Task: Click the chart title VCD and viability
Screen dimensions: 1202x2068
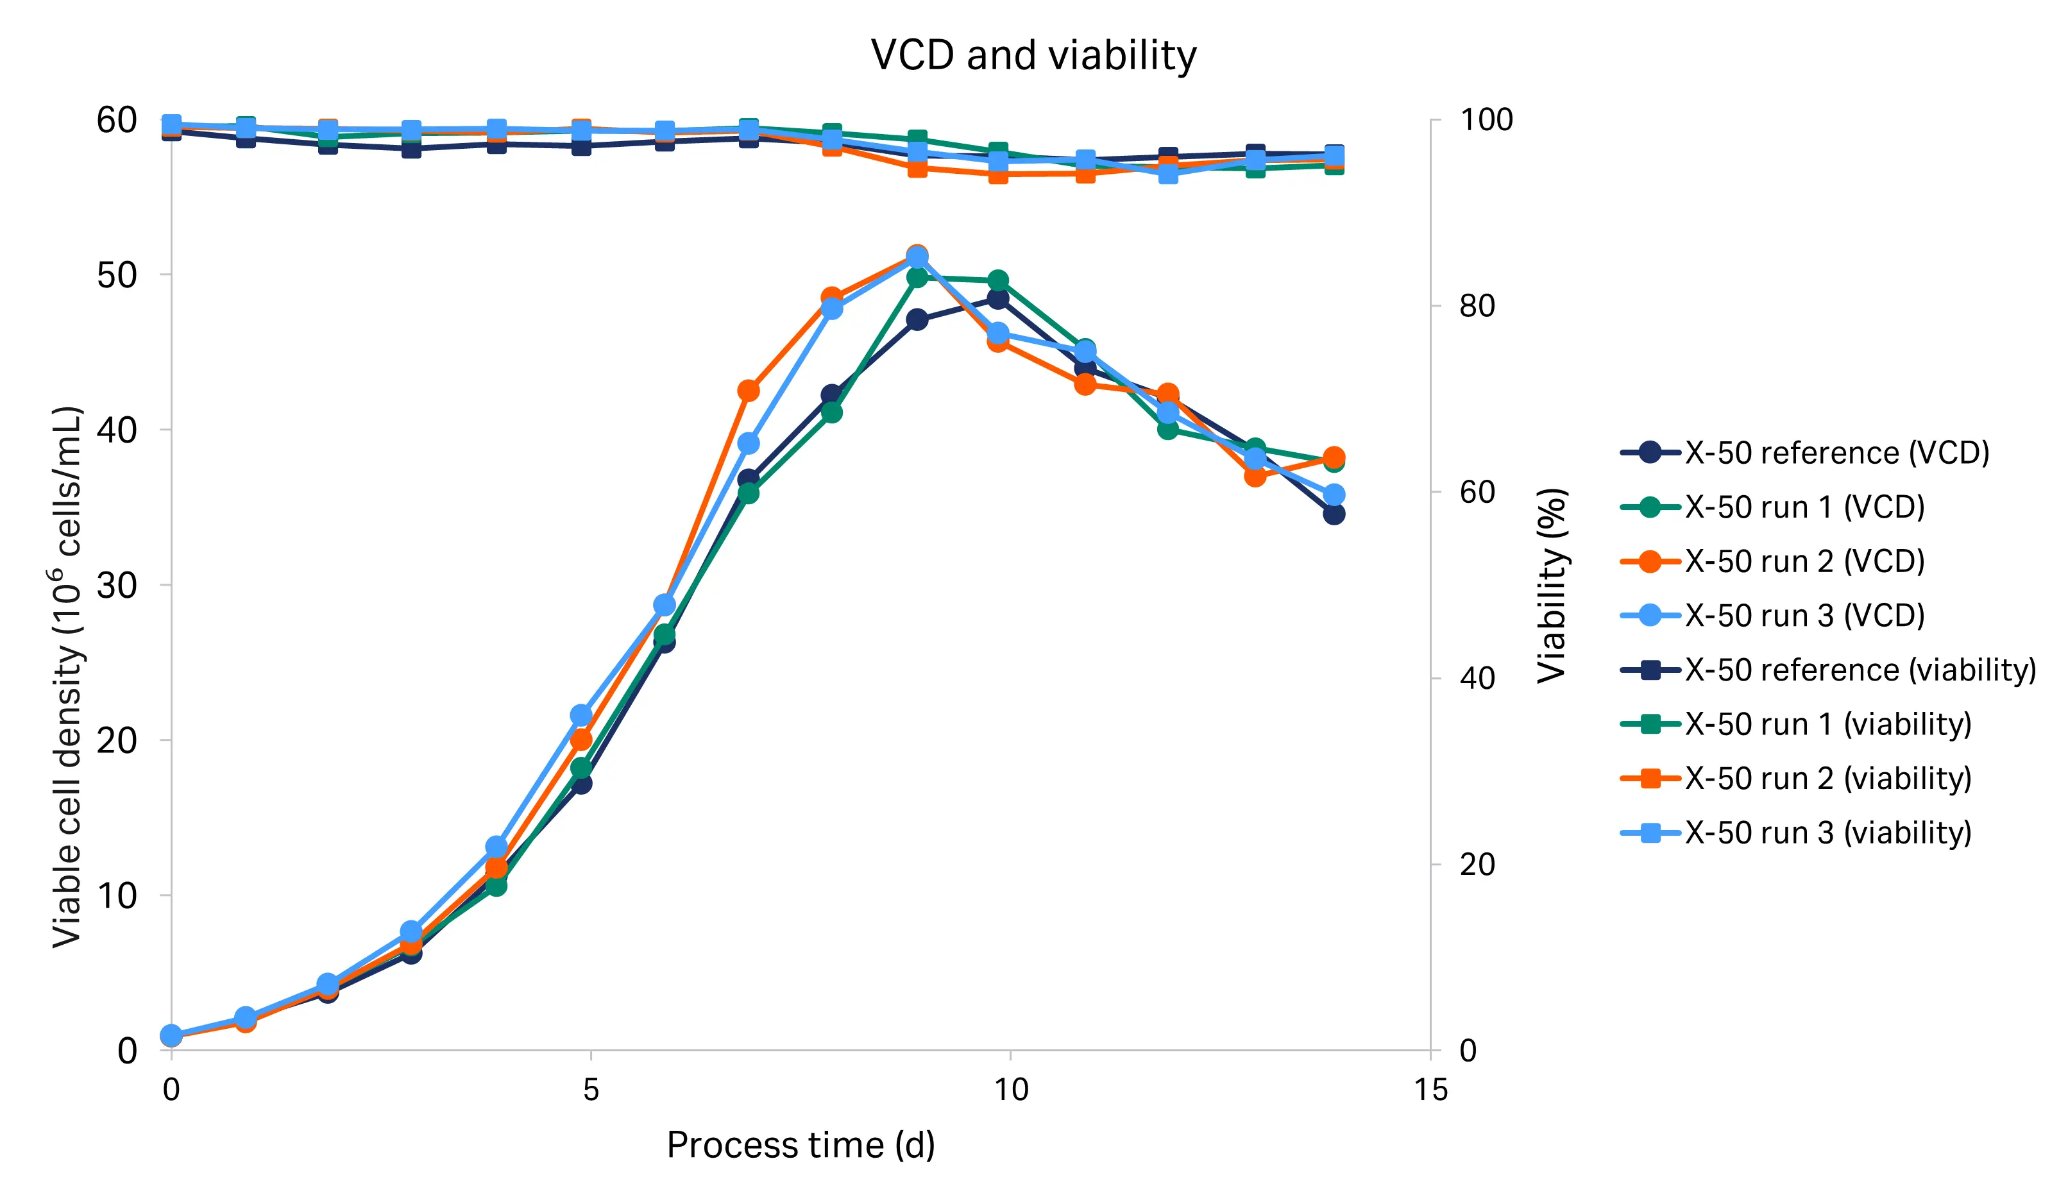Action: click(1033, 56)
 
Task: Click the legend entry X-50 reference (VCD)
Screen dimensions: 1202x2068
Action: click(1836, 453)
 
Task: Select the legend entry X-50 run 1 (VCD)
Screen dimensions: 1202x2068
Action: click(1804, 507)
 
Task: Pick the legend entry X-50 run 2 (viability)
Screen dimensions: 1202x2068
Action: click(1827, 778)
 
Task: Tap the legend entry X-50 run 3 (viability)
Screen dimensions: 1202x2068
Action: click(1827, 832)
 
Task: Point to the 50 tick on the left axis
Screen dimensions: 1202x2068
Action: click(117, 275)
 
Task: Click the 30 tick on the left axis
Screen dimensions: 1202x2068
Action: click(117, 585)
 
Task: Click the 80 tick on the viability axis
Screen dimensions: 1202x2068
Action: click(1477, 306)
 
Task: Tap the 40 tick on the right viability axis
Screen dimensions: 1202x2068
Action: click(1477, 679)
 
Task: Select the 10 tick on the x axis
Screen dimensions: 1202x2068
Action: click(1010, 1090)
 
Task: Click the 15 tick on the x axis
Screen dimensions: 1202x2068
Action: click(1430, 1090)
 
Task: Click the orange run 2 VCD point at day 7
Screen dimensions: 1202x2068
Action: click(749, 391)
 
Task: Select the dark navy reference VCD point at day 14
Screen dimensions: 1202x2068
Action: click(1334, 514)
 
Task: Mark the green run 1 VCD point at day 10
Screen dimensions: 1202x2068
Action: click(998, 280)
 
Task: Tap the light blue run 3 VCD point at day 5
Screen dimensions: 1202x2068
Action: click(581, 715)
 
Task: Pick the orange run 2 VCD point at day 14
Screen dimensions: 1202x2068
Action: click(1334, 457)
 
